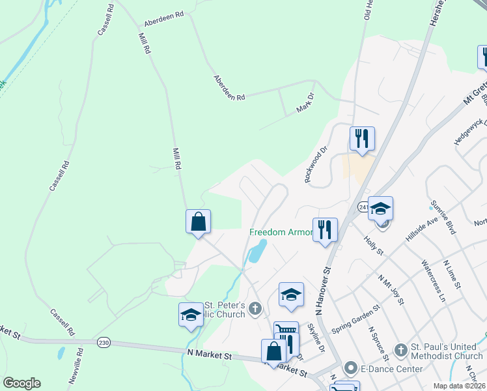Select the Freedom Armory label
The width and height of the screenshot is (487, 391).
coord(282,233)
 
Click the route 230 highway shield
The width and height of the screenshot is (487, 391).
coord(104,342)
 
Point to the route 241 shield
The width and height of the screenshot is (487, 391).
coord(363,207)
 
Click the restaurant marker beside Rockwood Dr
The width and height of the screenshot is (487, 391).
coord(361,138)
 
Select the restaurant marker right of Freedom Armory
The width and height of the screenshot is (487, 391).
coord(325,229)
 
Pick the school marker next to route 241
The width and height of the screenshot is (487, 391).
coord(380,208)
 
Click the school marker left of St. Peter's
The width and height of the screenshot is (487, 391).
coord(191,314)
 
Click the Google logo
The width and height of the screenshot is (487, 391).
coord(21,383)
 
